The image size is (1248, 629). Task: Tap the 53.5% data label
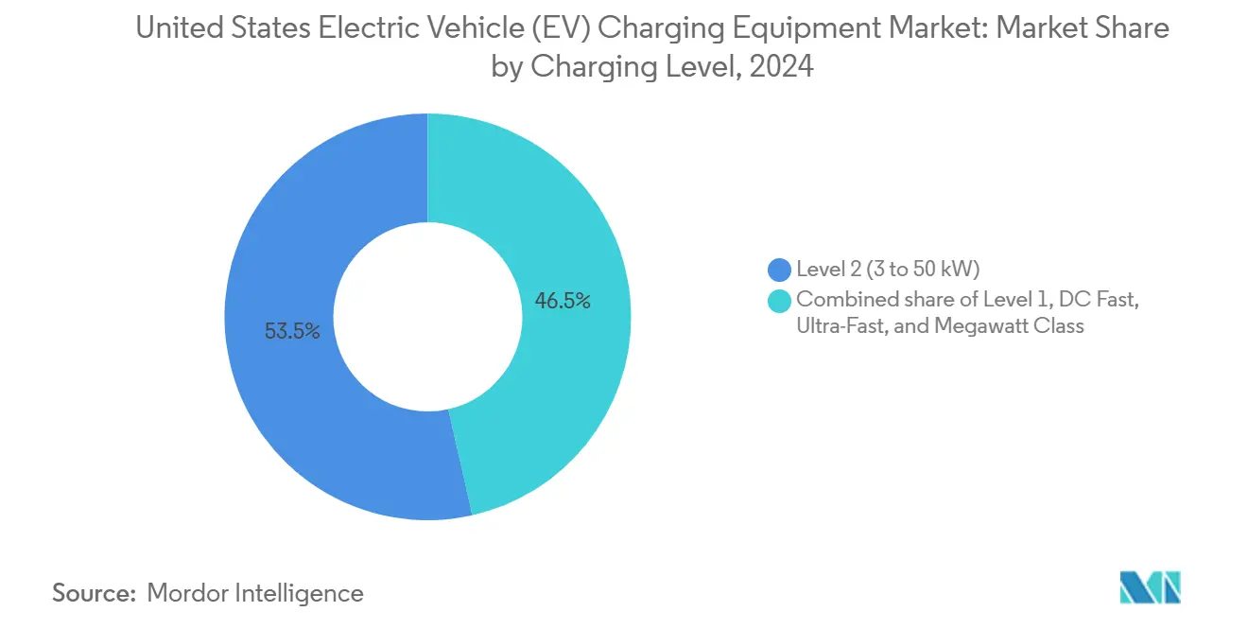tap(292, 332)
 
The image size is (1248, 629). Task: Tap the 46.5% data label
tap(563, 302)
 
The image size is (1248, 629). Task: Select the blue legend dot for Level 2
tap(780, 270)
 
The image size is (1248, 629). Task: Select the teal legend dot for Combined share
tap(780, 300)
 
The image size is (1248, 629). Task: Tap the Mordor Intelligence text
tap(255, 593)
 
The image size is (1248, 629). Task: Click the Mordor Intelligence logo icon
tap(1150, 587)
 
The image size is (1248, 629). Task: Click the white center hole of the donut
tap(427, 317)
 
